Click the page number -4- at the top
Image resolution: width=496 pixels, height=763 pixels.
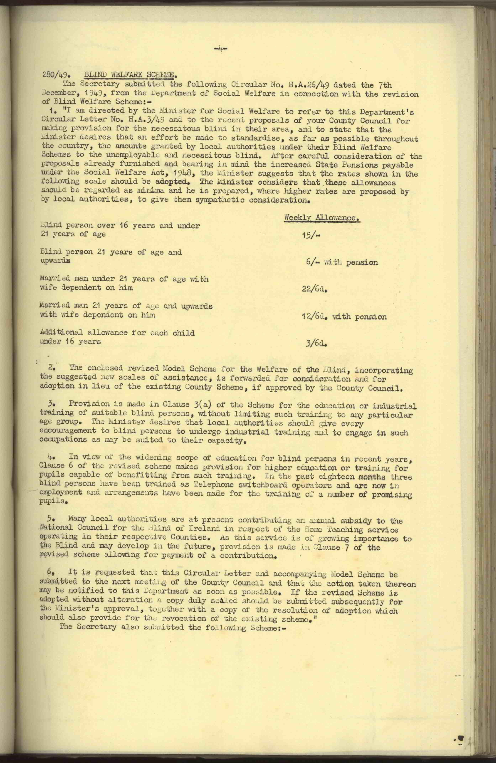(221, 49)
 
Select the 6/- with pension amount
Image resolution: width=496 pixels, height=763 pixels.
(342, 262)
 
